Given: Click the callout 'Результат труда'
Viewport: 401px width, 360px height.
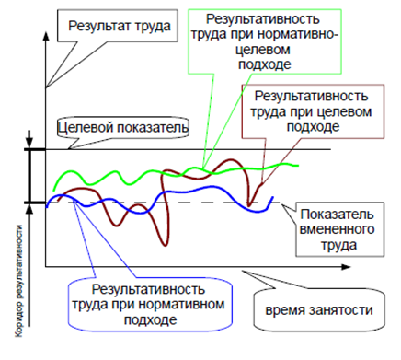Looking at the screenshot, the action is point(118,26).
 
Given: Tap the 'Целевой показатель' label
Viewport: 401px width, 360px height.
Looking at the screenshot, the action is point(123,128).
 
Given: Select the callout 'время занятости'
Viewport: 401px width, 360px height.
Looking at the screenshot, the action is point(319,310).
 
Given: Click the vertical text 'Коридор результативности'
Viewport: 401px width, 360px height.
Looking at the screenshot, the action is point(19,281).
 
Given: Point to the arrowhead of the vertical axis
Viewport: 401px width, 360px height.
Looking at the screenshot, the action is point(46,35).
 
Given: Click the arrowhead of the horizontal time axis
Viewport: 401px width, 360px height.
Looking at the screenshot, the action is point(346,267).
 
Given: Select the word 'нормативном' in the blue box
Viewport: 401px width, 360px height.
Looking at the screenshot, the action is point(181,305).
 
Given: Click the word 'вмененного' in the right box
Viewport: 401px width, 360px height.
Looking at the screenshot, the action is point(337,229).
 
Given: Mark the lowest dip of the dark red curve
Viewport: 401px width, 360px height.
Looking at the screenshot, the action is point(166,245).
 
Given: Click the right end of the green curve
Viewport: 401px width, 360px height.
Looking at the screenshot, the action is point(297,166).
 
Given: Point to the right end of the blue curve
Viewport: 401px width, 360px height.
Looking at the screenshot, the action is point(272,197).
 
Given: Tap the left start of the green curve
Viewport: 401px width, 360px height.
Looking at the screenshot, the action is point(54,190).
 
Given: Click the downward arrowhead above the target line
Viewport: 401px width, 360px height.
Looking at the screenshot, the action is point(29,144).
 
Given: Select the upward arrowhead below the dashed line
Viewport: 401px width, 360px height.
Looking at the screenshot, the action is point(29,209).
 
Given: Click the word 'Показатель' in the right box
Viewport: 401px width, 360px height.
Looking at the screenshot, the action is point(337,215).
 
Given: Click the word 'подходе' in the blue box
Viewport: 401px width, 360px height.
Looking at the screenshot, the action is point(151,319).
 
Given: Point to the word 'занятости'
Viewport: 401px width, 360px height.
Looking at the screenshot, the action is point(341,310).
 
